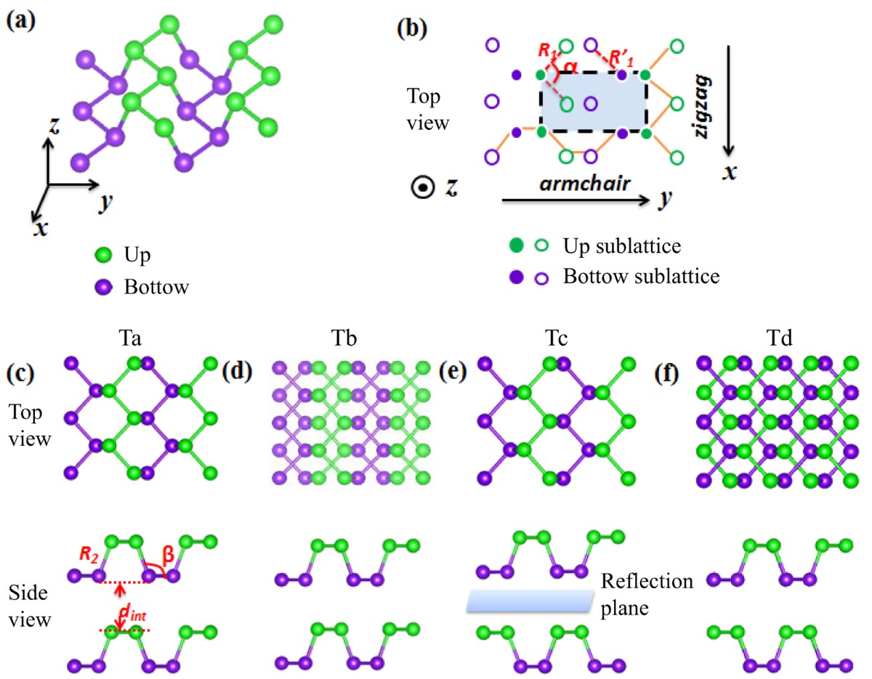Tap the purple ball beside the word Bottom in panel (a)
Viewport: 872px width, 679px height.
tap(104, 286)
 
